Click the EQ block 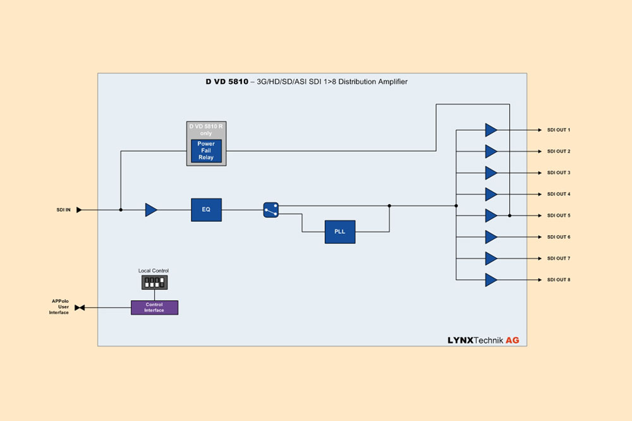[206, 209]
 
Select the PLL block [340, 231]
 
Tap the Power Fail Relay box [207, 150]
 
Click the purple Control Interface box [154, 308]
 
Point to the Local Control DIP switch [154, 281]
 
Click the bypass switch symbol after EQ [270, 210]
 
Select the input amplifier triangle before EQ [150, 210]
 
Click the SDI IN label [63, 210]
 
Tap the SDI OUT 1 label [559, 130]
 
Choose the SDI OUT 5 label [559, 216]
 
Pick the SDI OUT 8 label [559, 279]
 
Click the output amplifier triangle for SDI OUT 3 [490, 173]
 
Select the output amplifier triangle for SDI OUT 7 [490, 258]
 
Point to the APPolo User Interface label [59, 307]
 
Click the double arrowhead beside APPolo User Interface [80, 308]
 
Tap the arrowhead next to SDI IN [79, 210]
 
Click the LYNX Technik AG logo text [483, 340]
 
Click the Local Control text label [154, 271]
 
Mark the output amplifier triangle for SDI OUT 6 [490, 237]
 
